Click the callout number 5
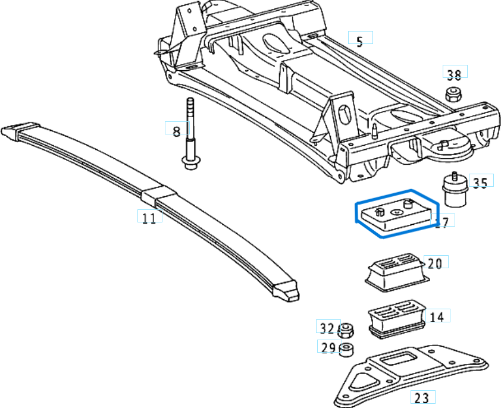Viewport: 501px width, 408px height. tap(359, 41)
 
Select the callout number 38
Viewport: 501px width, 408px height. tap(454, 75)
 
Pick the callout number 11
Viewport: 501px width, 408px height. tap(149, 218)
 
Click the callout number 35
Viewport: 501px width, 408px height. tap(480, 183)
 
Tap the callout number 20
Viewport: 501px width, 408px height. tap(435, 263)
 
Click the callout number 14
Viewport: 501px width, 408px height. tap(436, 317)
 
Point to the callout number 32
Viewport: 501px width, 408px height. tap(327, 328)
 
